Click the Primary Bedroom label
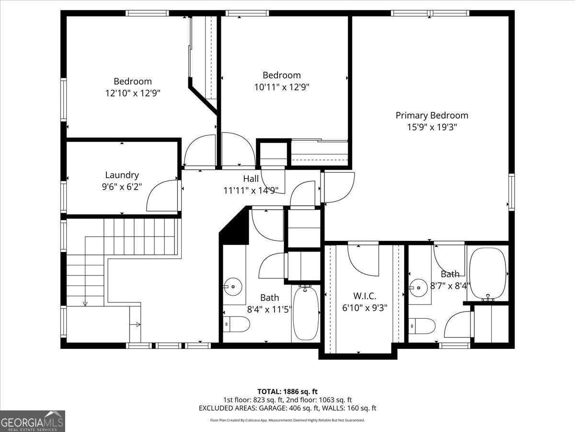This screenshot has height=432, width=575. click(432, 115)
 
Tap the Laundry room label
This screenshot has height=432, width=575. click(122, 175)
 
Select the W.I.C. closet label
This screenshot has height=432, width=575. click(365, 296)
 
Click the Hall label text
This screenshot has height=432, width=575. click(251, 179)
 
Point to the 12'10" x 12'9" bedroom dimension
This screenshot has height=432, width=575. click(133, 93)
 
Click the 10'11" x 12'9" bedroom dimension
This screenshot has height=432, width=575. click(282, 87)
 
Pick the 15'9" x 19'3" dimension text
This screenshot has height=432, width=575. click(432, 127)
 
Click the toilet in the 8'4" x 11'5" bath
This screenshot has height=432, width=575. click(237, 324)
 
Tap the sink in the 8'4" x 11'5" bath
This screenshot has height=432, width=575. click(232, 287)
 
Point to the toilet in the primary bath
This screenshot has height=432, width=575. click(422, 326)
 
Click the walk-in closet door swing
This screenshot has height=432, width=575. click(363, 259)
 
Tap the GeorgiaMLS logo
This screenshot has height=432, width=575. click(33, 421)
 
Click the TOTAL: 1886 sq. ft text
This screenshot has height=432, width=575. click(287, 391)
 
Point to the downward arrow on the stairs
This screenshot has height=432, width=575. click(85, 302)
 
